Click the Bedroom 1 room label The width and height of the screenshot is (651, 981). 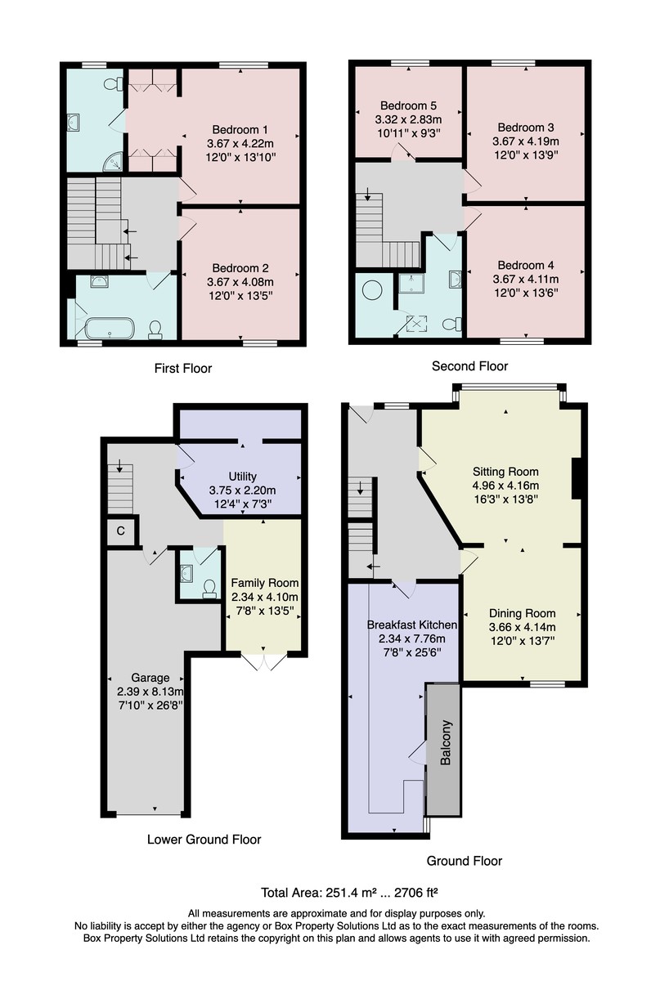240,130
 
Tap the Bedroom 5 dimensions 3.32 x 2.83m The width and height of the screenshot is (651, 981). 408,119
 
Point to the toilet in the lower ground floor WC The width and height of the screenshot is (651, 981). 209,589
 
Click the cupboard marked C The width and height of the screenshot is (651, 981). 121,531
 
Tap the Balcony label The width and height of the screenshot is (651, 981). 445,742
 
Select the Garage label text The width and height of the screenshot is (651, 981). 150,678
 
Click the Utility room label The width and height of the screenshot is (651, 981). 242,477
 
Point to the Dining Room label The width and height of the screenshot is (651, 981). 523,613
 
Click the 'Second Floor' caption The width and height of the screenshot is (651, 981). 469,366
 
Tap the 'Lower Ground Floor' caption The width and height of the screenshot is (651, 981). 204,839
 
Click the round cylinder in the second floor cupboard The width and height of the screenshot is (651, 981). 373,290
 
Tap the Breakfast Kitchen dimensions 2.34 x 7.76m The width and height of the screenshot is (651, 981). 412,638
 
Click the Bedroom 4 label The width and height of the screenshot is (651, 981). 526,266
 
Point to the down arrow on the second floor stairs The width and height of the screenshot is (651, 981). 367,194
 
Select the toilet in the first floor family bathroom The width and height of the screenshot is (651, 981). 155,330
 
